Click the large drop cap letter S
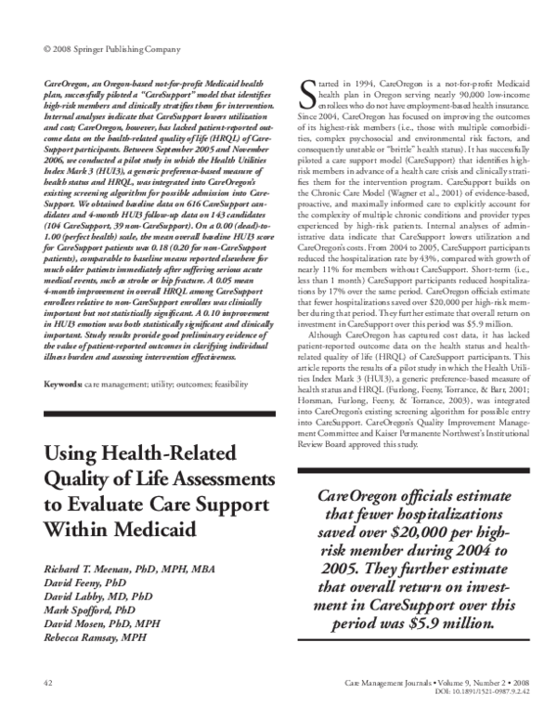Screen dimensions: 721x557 305,91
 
